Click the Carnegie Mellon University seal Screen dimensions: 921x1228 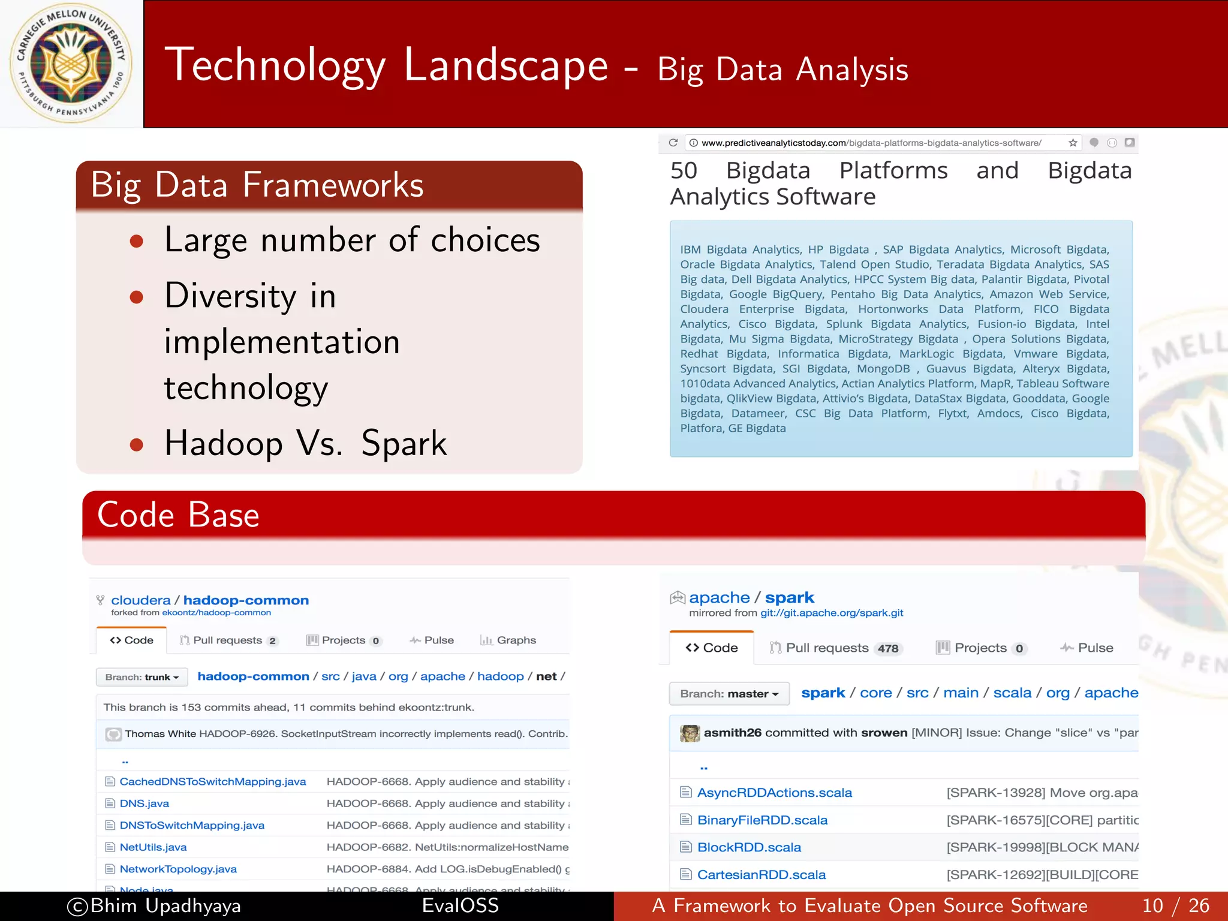(x=71, y=64)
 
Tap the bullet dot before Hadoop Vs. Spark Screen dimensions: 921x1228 (x=137, y=444)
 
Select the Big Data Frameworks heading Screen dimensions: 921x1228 (x=257, y=184)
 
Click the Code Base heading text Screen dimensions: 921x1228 (x=178, y=514)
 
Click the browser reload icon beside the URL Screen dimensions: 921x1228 (x=673, y=143)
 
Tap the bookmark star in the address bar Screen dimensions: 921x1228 (x=1073, y=143)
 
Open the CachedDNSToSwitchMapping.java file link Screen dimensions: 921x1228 (x=212, y=781)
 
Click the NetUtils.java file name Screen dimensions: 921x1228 (x=153, y=847)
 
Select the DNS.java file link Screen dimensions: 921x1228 (x=144, y=803)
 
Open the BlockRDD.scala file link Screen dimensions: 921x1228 (x=749, y=847)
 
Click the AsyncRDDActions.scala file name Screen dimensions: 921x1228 (x=774, y=793)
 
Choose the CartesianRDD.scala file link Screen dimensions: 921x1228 (x=761, y=875)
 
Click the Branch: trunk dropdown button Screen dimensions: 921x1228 (x=142, y=677)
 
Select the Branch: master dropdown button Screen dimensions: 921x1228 (x=729, y=694)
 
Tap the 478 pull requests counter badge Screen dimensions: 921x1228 (x=888, y=648)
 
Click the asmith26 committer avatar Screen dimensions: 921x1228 (x=690, y=733)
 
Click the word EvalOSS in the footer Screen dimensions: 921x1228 (x=460, y=905)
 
